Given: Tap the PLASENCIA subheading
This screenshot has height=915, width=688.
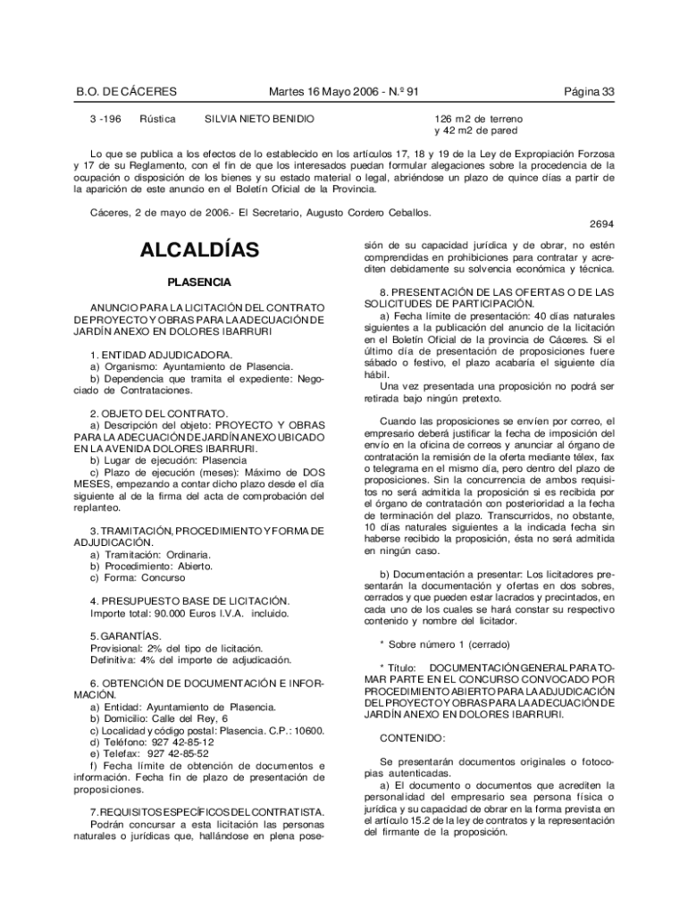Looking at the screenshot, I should click(199, 282).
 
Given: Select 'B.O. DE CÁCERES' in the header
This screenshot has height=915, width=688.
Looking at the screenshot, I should click(125, 91).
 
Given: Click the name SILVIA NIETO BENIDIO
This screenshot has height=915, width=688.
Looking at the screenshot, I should click(260, 119).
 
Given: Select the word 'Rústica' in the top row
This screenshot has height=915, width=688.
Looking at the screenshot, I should click(156, 119).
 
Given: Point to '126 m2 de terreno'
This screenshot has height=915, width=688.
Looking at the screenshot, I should click(479, 119).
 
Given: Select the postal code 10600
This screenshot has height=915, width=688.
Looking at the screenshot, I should click(306, 731).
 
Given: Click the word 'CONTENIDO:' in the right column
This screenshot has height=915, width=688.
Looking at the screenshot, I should click(412, 738).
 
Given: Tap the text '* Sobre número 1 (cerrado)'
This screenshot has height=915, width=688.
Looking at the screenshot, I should click(444, 644).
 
